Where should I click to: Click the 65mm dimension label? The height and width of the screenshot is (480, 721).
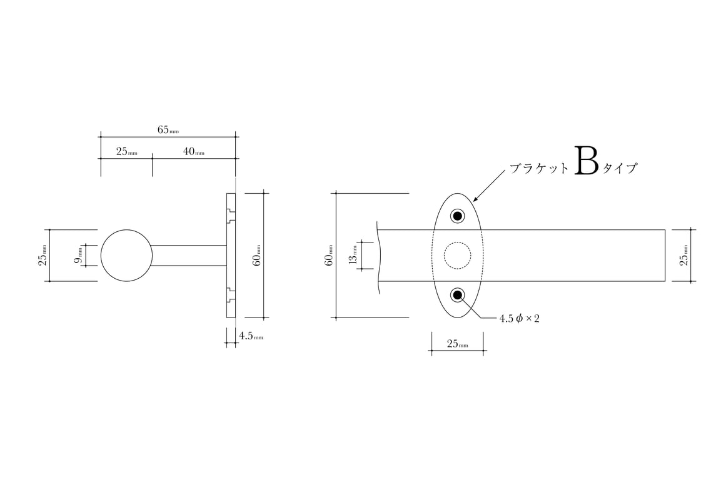tap(168, 129)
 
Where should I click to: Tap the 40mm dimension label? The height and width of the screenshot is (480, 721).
tap(194, 151)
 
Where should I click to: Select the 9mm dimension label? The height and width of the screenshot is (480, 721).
tap(78, 255)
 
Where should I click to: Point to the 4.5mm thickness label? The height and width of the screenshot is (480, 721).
tap(251, 336)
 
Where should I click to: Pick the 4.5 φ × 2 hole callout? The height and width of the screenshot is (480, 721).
tap(519, 318)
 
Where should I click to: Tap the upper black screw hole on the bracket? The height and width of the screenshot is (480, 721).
tap(458, 216)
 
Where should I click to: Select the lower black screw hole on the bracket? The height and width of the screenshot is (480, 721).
tap(458, 295)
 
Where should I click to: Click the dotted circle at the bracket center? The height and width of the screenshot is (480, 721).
tap(458, 242)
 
